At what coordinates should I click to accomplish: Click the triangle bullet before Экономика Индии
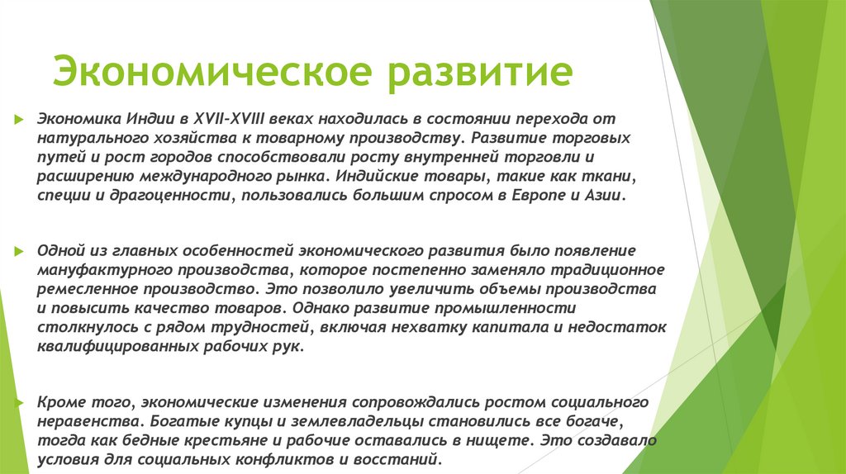tap(17, 119)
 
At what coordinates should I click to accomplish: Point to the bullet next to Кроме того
tap(17, 403)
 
